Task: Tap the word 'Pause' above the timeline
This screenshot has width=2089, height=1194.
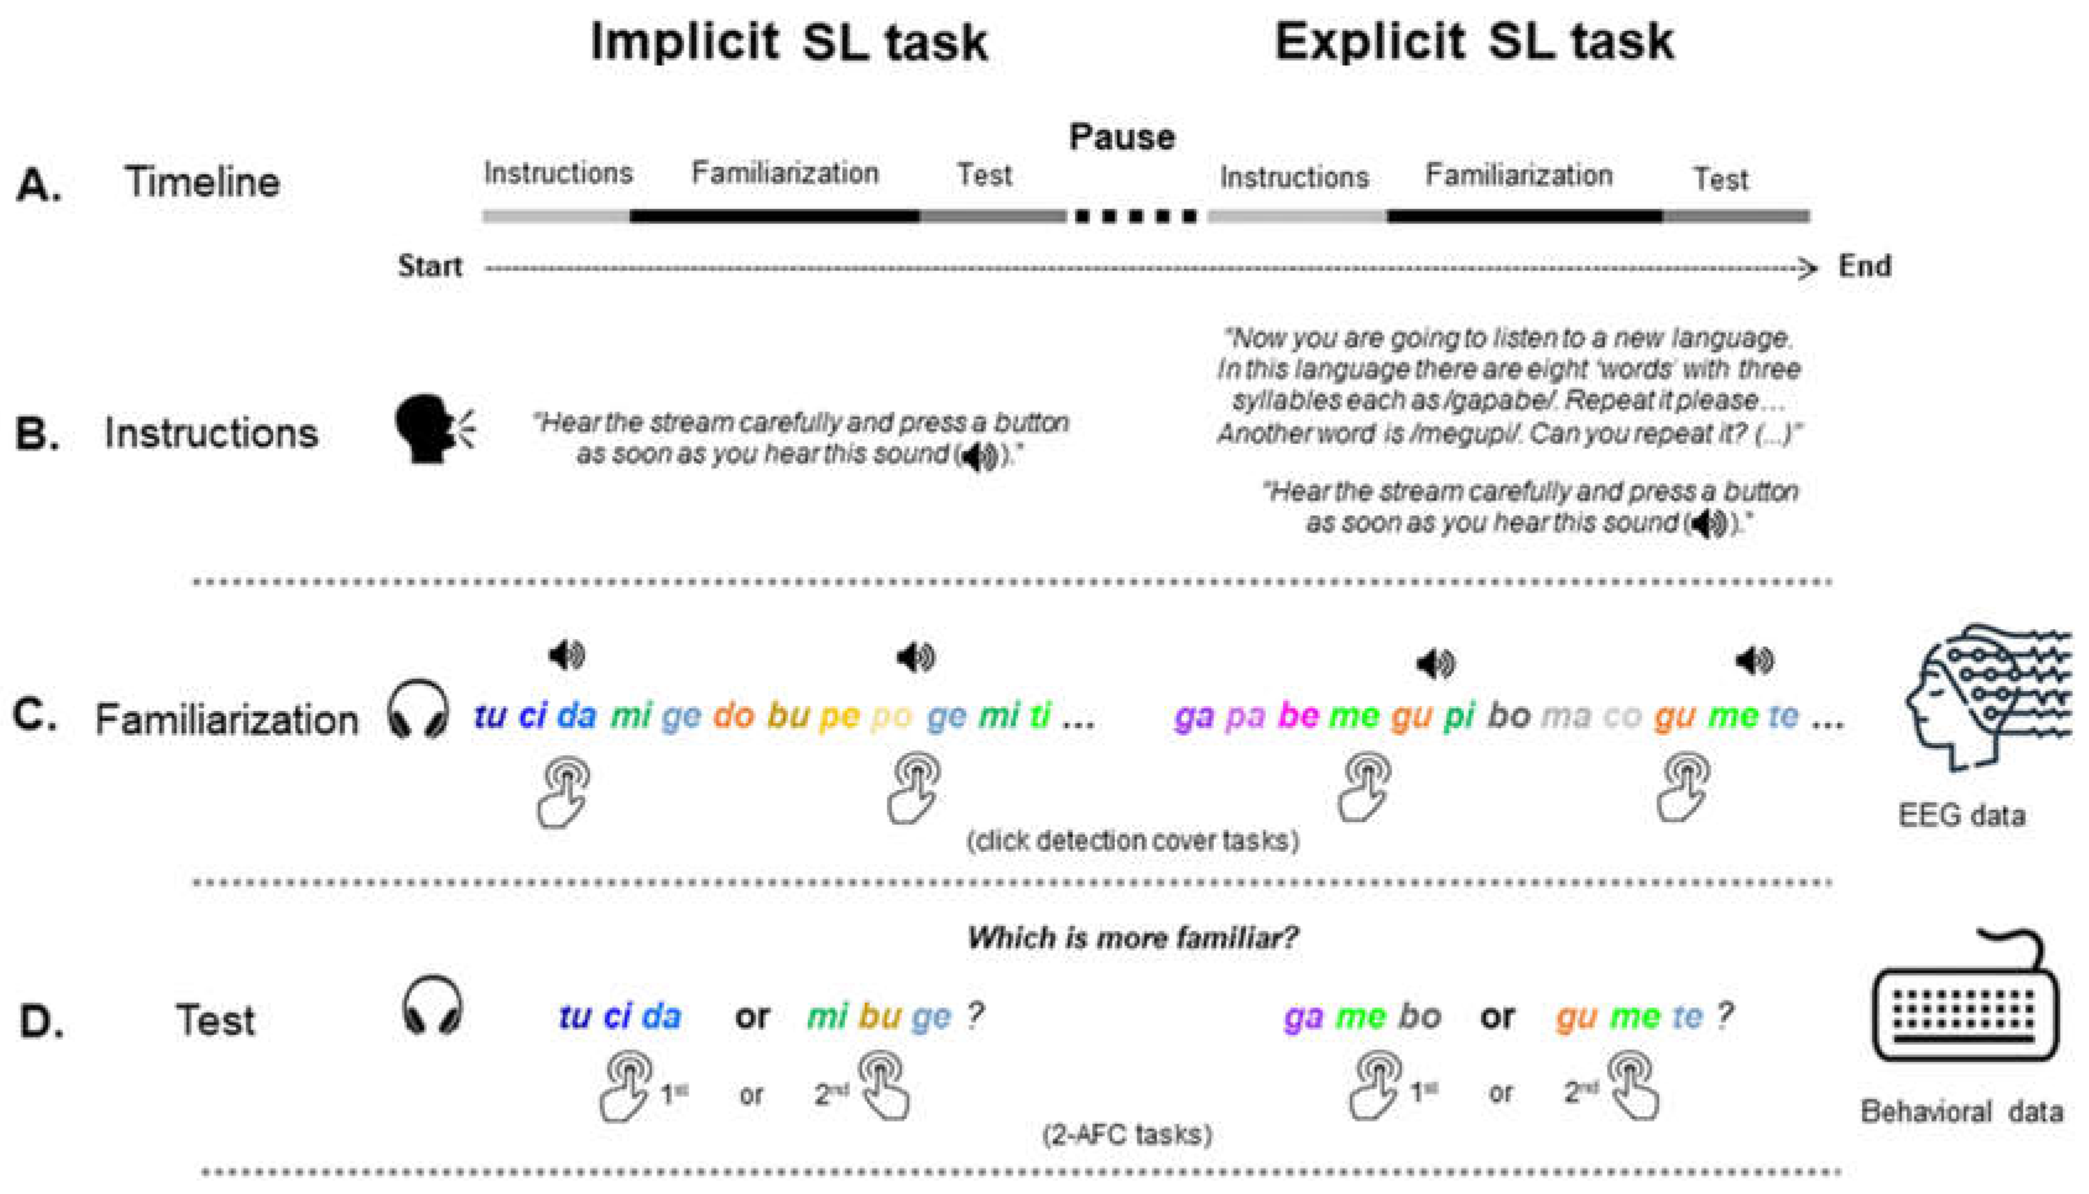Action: pyautogui.click(x=1121, y=137)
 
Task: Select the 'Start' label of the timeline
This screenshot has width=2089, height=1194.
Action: pyautogui.click(x=430, y=267)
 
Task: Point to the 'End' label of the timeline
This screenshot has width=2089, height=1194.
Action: pyautogui.click(x=1864, y=267)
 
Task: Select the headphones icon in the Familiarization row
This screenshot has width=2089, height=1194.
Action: pyautogui.click(x=418, y=710)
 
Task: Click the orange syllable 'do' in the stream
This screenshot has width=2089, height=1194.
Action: pyautogui.click(x=733, y=716)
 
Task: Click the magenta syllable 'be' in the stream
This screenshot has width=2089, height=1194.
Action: pyautogui.click(x=1298, y=716)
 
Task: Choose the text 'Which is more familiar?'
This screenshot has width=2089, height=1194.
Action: pyautogui.click(x=1132, y=937)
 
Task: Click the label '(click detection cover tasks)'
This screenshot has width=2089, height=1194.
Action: pyautogui.click(x=1132, y=841)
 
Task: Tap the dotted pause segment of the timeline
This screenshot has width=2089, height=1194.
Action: pyautogui.click(x=1136, y=217)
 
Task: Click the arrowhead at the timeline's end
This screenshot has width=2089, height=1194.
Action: pyautogui.click(x=1806, y=268)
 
